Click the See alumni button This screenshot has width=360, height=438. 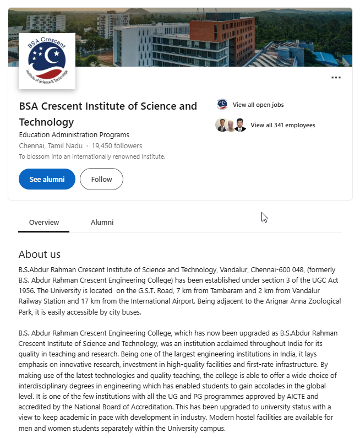coord(47,179)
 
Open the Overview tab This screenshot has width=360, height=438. coord(44,222)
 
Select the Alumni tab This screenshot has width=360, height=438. coord(102,222)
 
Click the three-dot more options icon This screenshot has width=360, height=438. coord(336,78)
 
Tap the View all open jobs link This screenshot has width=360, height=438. coord(258,105)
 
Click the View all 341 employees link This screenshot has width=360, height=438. coord(282,125)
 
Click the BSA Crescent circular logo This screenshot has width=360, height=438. coord(47,61)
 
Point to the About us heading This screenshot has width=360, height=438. coord(40,254)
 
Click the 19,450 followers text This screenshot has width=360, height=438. coord(117,146)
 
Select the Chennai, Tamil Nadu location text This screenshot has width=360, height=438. coord(51,146)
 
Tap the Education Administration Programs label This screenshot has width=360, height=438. coord(74,135)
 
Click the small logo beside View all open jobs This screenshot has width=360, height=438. coord(222,105)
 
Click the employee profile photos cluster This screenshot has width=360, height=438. coord(231,125)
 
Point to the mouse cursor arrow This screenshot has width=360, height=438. coord(264,217)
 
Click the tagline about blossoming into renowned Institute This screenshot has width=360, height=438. coord(92,156)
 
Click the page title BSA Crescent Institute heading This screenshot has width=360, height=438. coord(108,113)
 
